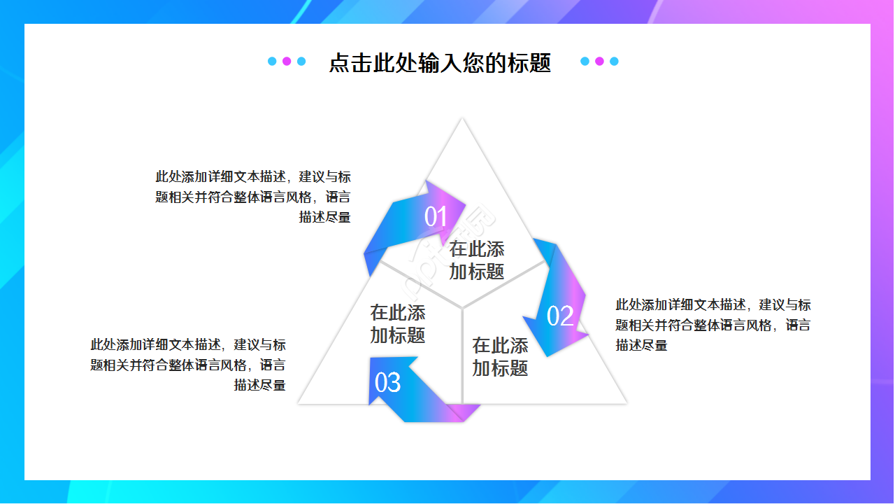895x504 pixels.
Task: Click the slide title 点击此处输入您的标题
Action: click(x=440, y=63)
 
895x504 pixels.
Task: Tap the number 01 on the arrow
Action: click(x=436, y=217)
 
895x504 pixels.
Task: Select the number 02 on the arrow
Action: click(x=560, y=316)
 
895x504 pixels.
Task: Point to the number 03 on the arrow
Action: click(x=388, y=382)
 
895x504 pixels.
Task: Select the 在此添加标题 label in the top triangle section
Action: click(x=477, y=260)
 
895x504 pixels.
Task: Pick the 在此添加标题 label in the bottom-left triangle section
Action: click(x=398, y=323)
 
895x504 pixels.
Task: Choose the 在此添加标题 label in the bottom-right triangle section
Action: click(x=500, y=356)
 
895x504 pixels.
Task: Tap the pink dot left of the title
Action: click(x=287, y=61)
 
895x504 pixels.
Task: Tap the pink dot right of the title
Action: click(x=599, y=61)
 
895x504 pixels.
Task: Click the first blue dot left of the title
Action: click(x=272, y=61)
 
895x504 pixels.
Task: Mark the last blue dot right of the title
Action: click(x=614, y=61)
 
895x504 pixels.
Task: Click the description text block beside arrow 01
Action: click(x=253, y=197)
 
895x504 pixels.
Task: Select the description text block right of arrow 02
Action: click(x=713, y=325)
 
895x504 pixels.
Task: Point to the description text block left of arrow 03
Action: click(x=188, y=365)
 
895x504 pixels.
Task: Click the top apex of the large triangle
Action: click(x=461, y=119)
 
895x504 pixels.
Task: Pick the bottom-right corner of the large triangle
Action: click(x=625, y=402)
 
